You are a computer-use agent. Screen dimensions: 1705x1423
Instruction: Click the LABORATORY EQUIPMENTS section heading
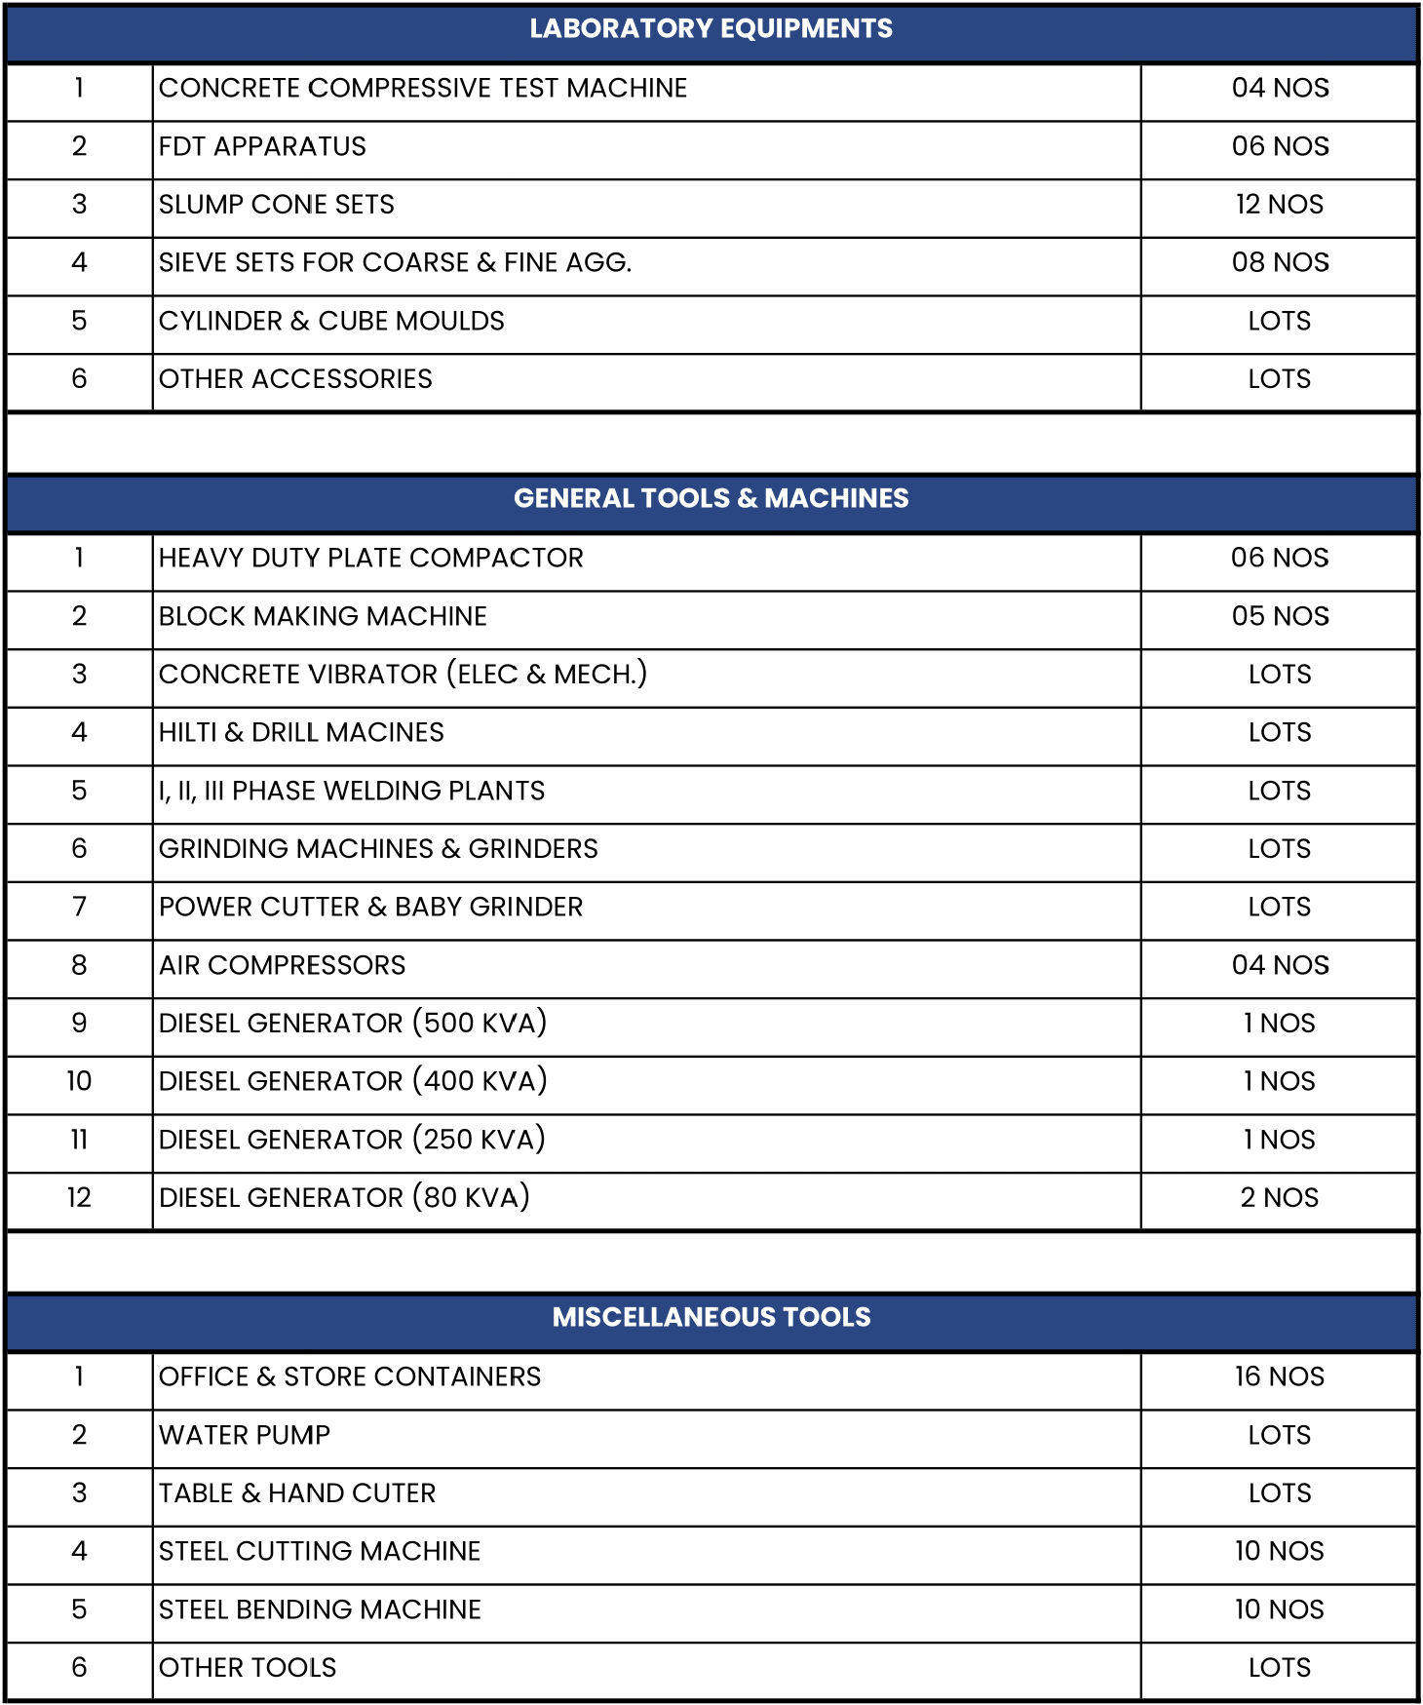pyautogui.click(x=711, y=28)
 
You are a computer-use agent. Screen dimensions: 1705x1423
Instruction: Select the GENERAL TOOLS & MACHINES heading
pyautogui.click(x=711, y=498)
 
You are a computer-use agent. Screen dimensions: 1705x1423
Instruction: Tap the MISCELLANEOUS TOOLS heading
pyautogui.click(x=711, y=1317)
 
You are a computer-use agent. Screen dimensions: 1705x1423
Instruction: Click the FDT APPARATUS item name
pyautogui.click(x=262, y=146)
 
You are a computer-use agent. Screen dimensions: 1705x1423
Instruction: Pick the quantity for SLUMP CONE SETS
pyautogui.click(x=1279, y=205)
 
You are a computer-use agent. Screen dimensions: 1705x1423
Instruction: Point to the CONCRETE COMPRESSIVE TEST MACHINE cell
pyautogui.click(x=423, y=88)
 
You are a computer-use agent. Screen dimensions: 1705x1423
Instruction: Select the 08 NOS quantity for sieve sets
pyautogui.click(x=1279, y=262)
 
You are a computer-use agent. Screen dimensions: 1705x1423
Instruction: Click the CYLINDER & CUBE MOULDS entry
pyautogui.click(x=331, y=321)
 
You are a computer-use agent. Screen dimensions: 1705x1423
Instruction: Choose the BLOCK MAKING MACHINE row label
pyautogui.click(x=323, y=616)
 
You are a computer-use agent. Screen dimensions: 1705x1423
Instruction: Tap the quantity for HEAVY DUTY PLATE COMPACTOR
pyautogui.click(x=1279, y=558)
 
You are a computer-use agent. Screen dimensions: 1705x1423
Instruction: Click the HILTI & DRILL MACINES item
pyautogui.click(x=301, y=732)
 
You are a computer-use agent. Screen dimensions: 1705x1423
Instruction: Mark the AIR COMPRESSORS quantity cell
pyautogui.click(x=1279, y=965)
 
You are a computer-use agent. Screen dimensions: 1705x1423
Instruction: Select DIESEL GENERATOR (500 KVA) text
pyautogui.click(x=353, y=1023)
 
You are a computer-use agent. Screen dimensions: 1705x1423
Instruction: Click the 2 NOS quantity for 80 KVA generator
pyautogui.click(x=1279, y=1197)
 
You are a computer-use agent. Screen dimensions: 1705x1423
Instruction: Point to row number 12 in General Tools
pyautogui.click(x=79, y=1197)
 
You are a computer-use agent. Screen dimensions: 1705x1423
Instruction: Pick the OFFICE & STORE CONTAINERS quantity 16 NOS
pyautogui.click(x=1279, y=1376)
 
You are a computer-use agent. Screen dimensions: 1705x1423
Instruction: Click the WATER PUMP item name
pyautogui.click(x=245, y=1435)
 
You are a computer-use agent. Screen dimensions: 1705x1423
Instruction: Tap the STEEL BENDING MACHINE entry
pyautogui.click(x=320, y=1609)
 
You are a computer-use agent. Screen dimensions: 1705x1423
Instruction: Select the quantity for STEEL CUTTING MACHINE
pyautogui.click(x=1279, y=1551)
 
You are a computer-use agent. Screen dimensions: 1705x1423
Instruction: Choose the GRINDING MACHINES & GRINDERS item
pyautogui.click(x=378, y=849)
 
